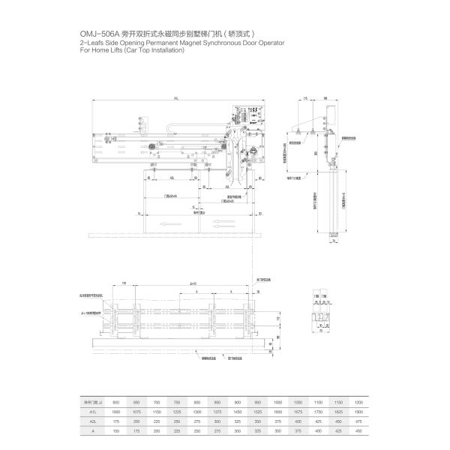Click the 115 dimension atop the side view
click(x=307, y=98)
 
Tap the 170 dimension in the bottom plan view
click(x=124, y=283)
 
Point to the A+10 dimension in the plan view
click(x=193, y=283)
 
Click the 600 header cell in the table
click(x=115, y=403)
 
